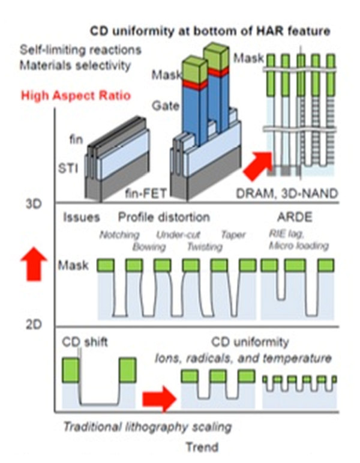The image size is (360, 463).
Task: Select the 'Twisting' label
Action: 188,246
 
